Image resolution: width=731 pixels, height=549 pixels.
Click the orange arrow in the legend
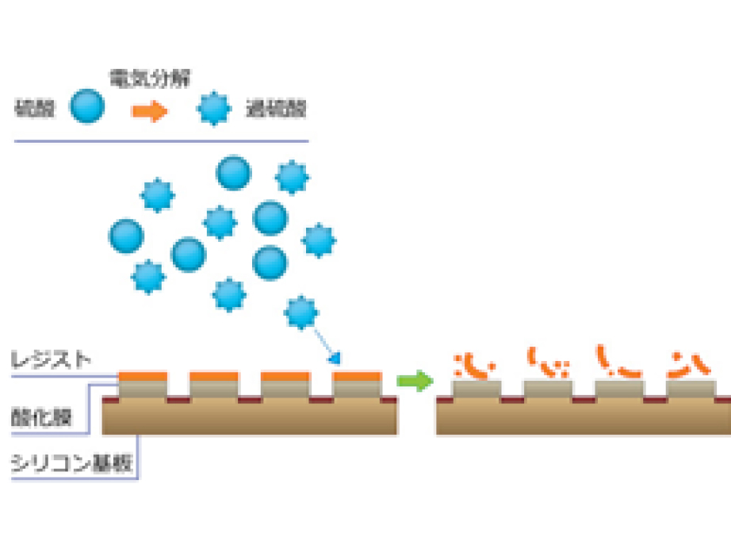[150, 110]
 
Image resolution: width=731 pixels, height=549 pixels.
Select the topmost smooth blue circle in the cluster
[234, 172]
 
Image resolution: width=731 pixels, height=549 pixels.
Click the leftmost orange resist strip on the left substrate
[143, 375]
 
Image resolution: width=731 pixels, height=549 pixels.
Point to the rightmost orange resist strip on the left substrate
[357, 375]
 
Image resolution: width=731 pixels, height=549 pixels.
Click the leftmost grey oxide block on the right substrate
[476, 388]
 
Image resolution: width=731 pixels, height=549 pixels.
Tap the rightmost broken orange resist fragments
[683, 364]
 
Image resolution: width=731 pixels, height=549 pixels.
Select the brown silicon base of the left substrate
[250, 420]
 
